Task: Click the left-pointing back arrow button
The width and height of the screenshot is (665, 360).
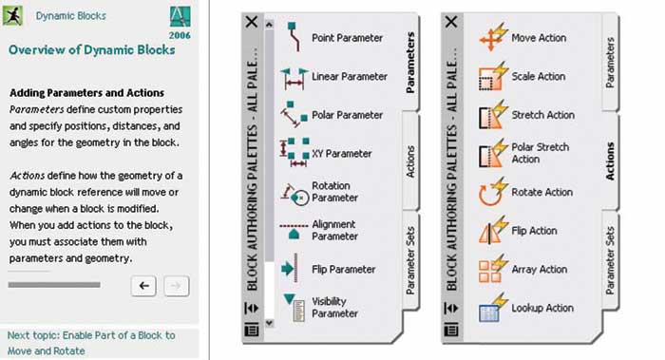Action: click(x=143, y=286)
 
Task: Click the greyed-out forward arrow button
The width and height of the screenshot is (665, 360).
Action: click(x=176, y=286)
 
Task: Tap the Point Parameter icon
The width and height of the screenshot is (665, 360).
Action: click(x=294, y=37)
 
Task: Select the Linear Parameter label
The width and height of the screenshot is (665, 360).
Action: click(x=350, y=76)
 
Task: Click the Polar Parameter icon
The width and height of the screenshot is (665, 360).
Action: click(x=294, y=114)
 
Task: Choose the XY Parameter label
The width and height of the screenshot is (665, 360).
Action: click(x=341, y=154)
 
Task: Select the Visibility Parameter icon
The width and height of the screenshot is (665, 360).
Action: click(x=294, y=308)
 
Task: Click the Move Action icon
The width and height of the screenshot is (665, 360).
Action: click(x=493, y=37)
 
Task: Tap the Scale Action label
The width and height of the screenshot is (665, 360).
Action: click(x=539, y=76)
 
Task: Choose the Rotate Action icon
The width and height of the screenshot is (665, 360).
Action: click(x=493, y=192)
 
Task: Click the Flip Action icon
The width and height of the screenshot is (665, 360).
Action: click(x=493, y=231)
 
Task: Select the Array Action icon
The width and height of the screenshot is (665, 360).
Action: click(x=493, y=269)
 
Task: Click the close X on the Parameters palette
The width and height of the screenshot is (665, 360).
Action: click(x=252, y=22)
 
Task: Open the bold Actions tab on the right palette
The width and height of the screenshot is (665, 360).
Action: click(x=610, y=161)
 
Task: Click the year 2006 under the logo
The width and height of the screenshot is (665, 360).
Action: click(x=180, y=35)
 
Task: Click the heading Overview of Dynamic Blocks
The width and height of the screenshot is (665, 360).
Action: click(x=91, y=50)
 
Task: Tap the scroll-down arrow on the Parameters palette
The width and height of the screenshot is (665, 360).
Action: click(x=269, y=323)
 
